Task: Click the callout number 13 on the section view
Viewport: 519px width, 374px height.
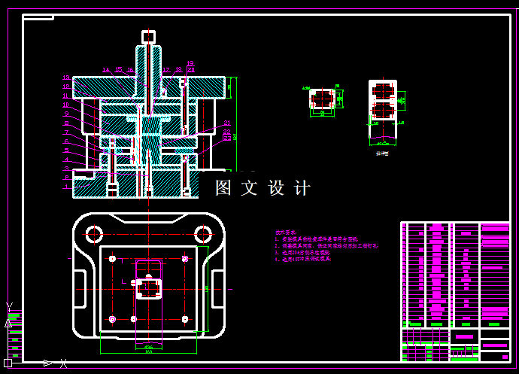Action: click(x=66, y=78)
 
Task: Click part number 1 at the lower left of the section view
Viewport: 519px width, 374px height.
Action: click(x=66, y=187)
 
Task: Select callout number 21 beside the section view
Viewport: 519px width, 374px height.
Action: click(x=227, y=123)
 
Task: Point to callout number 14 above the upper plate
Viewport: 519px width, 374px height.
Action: click(x=105, y=70)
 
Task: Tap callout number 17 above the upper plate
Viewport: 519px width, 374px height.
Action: click(x=166, y=70)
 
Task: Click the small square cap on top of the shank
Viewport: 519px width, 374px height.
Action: click(x=148, y=35)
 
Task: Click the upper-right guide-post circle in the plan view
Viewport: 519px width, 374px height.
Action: click(x=202, y=233)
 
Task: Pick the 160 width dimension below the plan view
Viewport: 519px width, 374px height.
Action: click(x=149, y=351)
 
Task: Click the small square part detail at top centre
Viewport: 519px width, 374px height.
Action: click(x=323, y=101)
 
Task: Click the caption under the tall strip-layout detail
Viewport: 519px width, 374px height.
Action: click(x=382, y=153)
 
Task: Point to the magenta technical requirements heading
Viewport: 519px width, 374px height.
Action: click(x=284, y=233)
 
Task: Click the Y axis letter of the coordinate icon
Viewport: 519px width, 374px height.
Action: click(x=8, y=306)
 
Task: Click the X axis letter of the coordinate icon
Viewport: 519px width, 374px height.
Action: click(x=63, y=363)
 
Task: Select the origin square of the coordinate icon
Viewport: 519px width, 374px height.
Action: click(x=8, y=363)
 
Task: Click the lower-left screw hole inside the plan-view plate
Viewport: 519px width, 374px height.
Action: click(x=112, y=319)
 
